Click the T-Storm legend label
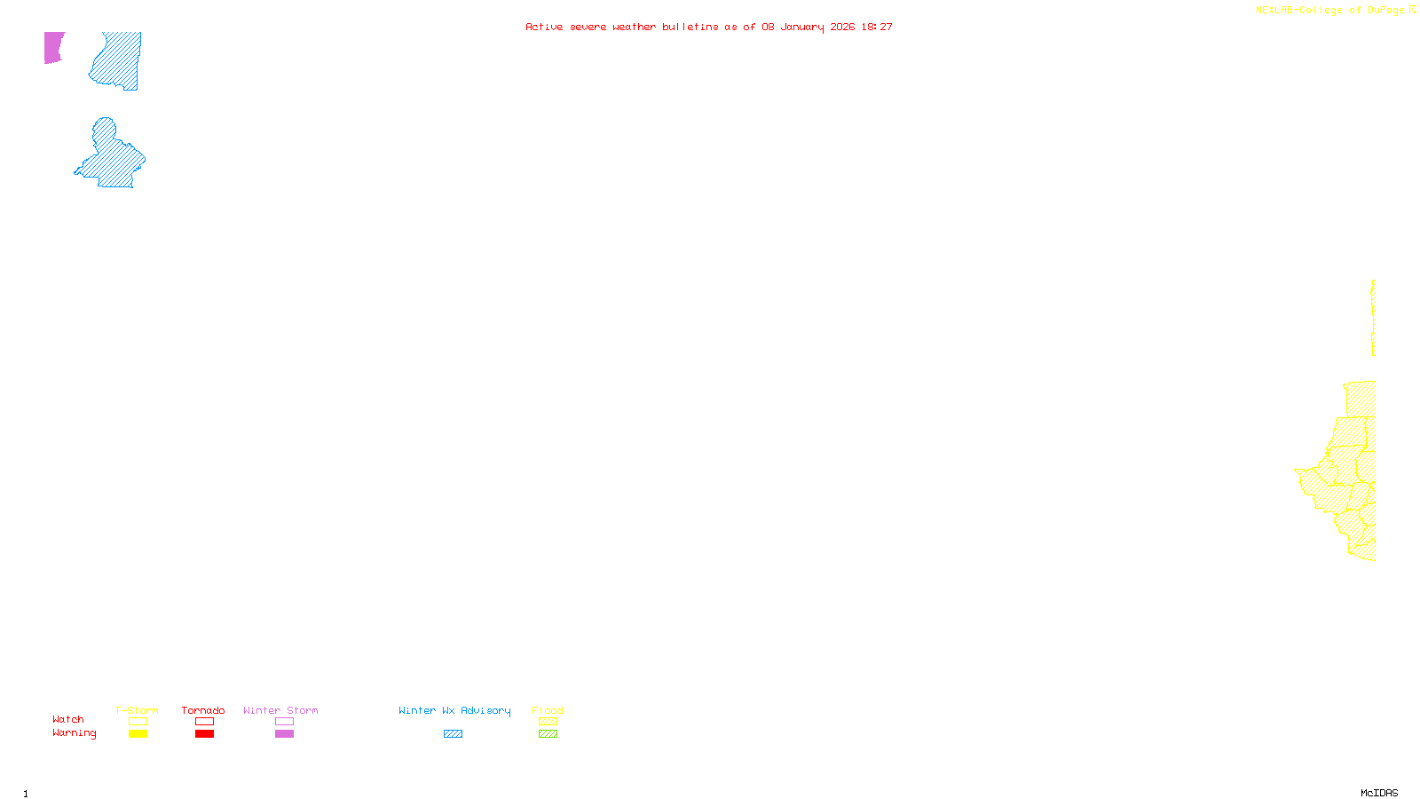137,710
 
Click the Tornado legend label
203,710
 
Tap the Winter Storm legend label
280,710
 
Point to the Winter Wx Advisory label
454,710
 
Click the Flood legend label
548,710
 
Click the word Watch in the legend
68,719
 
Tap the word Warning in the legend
75,733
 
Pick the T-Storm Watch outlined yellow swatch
138,722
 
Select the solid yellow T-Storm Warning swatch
138,734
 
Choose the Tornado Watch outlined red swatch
204,722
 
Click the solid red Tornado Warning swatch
204,734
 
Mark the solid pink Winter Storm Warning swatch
284,734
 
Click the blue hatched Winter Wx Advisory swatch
453,734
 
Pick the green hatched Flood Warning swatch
548,734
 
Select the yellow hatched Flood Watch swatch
548,722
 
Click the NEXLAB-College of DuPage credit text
1330,11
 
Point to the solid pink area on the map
53,47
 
